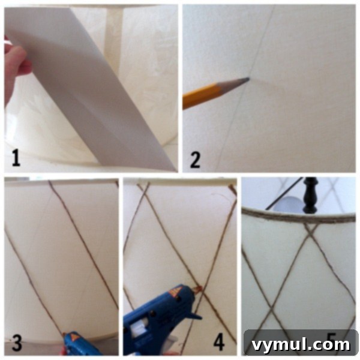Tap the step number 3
coord(17,343)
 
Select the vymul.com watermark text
coord(300,344)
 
